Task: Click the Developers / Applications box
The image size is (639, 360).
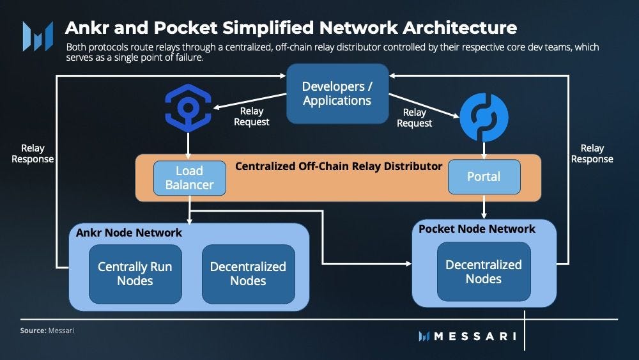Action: [337, 93]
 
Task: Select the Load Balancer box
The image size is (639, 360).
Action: [190, 178]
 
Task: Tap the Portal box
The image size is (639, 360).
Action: [484, 176]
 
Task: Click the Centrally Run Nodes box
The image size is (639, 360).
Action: [135, 274]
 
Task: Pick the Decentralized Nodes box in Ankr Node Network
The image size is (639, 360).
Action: [248, 274]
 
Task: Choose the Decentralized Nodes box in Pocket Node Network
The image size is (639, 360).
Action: [484, 272]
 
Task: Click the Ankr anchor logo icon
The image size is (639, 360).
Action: [188, 108]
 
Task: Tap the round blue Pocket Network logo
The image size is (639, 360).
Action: [484, 118]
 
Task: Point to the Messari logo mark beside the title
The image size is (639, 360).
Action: [38, 36]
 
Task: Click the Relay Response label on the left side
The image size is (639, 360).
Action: [33, 153]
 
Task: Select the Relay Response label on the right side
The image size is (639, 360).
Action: [592, 153]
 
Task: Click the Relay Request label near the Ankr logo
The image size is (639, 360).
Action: [251, 116]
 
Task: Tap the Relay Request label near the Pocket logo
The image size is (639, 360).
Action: [415, 118]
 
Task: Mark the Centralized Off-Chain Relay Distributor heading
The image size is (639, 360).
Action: [339, 166]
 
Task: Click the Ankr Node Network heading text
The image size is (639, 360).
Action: [129, 233]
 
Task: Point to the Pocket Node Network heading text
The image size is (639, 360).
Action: [477, 229]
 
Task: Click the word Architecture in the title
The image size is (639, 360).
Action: [459, 27]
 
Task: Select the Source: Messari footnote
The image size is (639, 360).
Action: [47, 331]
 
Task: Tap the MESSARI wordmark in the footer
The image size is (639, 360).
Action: [468, 336]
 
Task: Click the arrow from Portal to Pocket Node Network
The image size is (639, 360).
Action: [484, 207]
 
